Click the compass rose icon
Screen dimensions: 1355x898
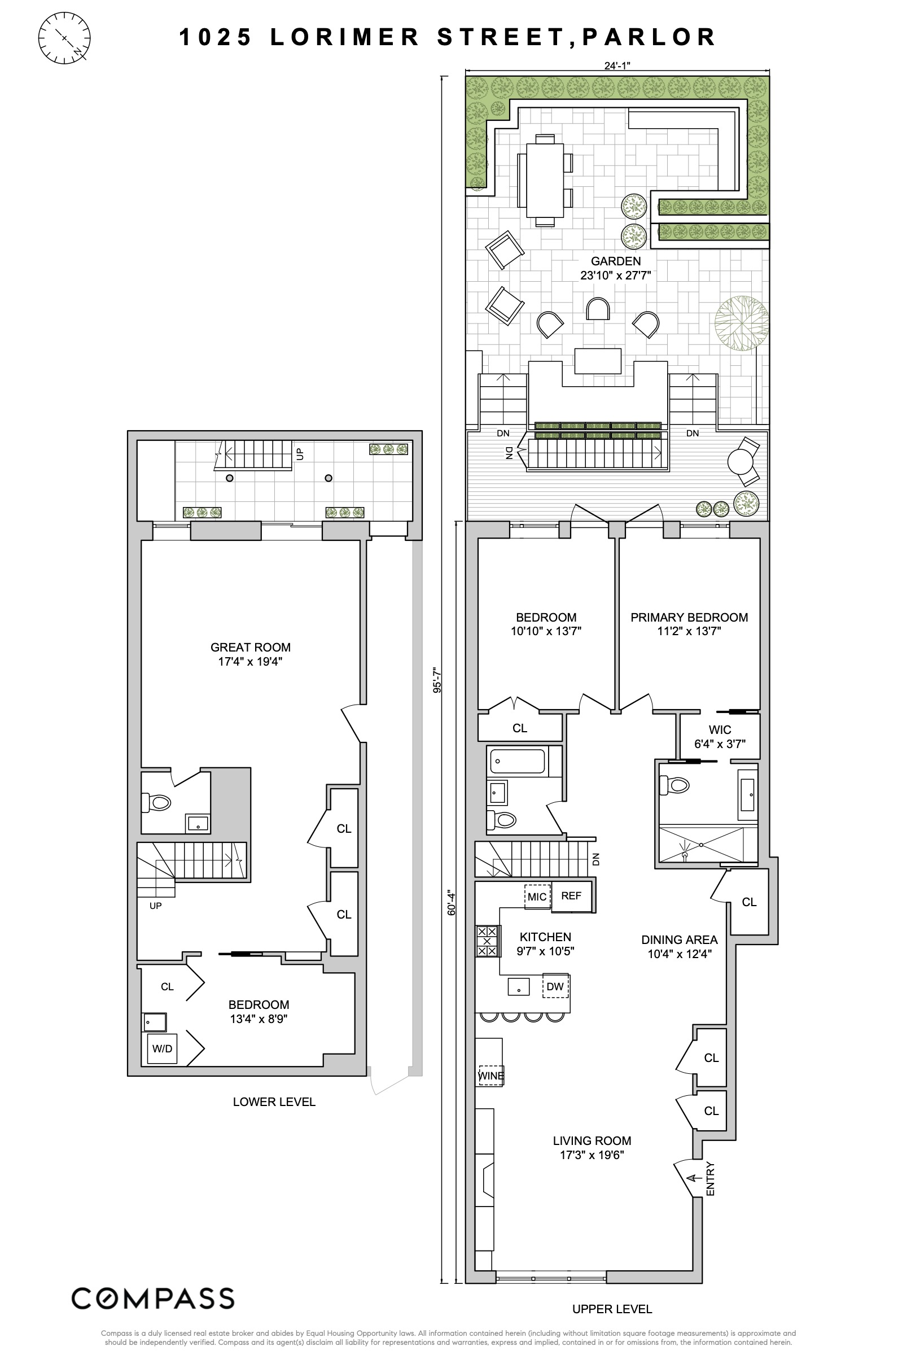(64, 38)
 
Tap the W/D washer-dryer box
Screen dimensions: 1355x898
(162, 1048)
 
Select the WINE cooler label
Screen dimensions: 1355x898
(491, 1076)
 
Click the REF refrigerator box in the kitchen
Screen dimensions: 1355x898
(571, 895)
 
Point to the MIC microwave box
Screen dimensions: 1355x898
(537, 896)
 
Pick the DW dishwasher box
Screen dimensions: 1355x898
(555, 986)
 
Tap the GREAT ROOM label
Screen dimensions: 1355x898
(250, 647)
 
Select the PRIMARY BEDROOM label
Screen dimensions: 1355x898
(689, 617)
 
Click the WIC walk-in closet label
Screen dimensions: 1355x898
(720, 729)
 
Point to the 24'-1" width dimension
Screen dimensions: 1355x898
(617, 65)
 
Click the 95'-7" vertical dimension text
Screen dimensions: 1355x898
(436, 679)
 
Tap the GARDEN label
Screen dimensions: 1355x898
(616, 261)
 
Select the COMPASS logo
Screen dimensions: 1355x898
(152, 1299)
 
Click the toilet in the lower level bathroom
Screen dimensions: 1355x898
(156, 802)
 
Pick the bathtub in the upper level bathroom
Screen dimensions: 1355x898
(517, 761)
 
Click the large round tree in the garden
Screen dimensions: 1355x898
(742, 323)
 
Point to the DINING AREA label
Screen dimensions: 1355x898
(679, 939)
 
